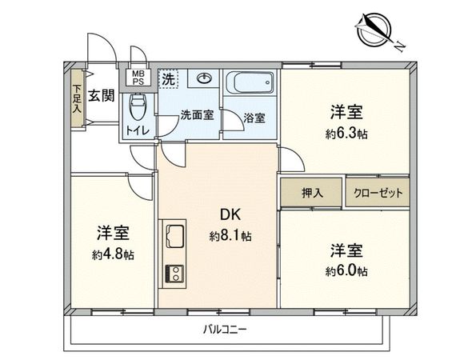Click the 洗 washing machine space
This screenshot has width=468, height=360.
click(x=168, y=78)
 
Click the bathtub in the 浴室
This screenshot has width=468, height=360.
click(x=250, y=82)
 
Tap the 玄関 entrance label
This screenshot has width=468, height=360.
click(x=101, y=95)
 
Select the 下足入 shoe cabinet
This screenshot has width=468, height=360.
click(x=77, y=98)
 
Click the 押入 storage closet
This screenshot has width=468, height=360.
click(x=311, y=192)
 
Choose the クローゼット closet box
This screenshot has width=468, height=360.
click(x=377, y=192)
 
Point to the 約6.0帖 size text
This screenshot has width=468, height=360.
click(x=346, y=271)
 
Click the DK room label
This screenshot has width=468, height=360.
click(x=230, y=215)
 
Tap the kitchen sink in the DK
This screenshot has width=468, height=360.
click(x=174, y=237)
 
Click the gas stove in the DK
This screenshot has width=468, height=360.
click(x=174, y=274)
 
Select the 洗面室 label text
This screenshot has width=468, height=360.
click(x=196, y=114)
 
